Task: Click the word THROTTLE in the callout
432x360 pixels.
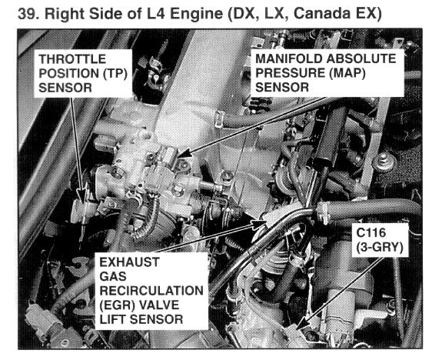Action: [72, 59]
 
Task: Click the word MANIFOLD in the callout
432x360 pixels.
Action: [288, 58]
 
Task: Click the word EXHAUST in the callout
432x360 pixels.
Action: [129, 262]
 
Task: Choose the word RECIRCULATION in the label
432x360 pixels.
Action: [151, 291]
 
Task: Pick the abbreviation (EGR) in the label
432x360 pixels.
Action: [117, 305]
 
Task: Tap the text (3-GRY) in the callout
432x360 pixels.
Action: [380, 248]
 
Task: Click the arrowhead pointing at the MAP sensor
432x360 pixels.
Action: [183, 154]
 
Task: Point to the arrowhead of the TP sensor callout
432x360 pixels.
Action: [81, 196]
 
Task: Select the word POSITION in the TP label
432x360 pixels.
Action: [69, 74]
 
